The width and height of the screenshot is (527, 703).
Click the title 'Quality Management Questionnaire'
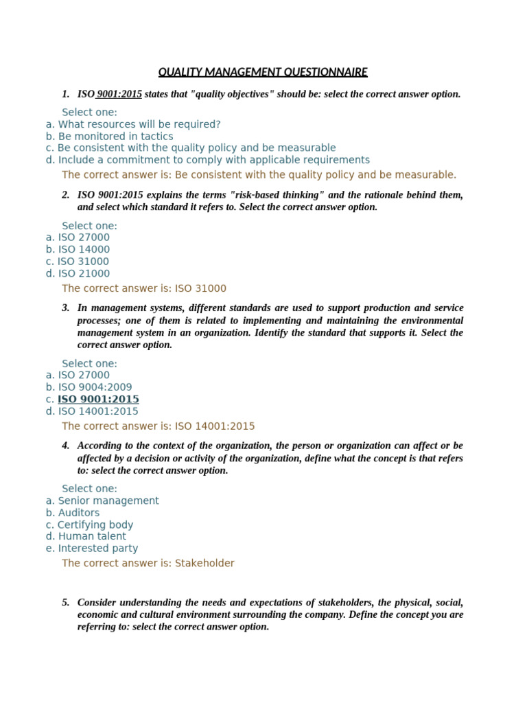[263, 72]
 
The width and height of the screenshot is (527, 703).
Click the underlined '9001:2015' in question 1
[119, 94]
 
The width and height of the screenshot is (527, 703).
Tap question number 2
[65, 195]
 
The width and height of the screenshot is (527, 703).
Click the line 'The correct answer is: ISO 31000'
[144, 288]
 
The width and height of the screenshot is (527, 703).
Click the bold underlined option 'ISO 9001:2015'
[98, 399]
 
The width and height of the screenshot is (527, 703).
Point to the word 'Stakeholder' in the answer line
[204, 563]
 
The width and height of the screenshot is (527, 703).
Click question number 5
[65, 602]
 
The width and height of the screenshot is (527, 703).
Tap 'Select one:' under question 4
[89, 488]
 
